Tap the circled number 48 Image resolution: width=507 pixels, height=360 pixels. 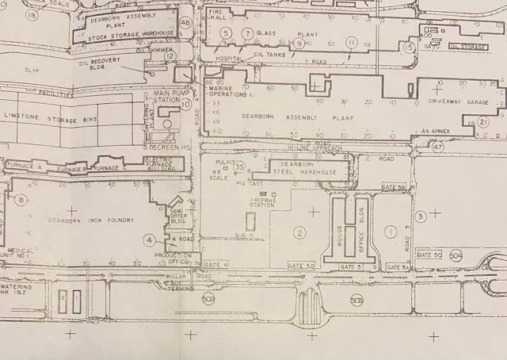click(185, 23)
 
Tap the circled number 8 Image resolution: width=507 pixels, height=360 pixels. click(20, 201)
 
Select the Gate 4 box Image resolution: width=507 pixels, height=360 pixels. click(216, 263)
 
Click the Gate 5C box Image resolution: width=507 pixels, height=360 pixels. click(429, 255)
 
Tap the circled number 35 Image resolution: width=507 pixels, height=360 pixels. click(239, 166)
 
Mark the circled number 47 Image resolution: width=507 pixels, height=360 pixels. click(437, 146)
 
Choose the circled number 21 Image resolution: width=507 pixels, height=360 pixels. click(483, 122)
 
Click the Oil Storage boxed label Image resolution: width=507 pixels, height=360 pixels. click(466, 46)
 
